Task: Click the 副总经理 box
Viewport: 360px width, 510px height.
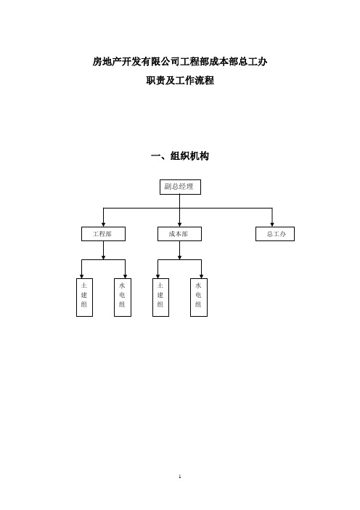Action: pos(180,187)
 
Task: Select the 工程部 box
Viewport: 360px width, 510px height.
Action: pos(103,234)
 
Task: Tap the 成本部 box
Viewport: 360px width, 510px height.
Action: pos(179,234)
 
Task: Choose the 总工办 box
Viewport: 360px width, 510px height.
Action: pos(275,234)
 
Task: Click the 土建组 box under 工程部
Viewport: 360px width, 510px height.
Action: pos(84,297)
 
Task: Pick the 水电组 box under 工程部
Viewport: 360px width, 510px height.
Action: pos(123,297)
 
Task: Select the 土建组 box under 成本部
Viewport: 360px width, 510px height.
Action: pos(160,297)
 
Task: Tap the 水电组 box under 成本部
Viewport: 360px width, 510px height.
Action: pos(199,297)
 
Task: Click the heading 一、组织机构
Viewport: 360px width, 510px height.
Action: pos(180,156)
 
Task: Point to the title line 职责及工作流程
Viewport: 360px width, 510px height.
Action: pos(180,80)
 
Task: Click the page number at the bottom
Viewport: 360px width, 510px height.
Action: pos(180,477)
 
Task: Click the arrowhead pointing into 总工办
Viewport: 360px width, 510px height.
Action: pos(272,224)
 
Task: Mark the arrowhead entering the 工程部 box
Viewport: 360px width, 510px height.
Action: pos(103,224)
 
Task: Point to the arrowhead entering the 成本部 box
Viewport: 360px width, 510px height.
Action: pos(179,224)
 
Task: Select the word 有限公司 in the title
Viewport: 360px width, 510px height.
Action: pos(160,62)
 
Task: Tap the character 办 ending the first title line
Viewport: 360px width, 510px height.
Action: pos(263,62)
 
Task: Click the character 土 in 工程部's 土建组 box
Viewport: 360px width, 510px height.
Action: pos(84,286)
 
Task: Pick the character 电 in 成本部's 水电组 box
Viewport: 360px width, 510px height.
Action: pos(198,295)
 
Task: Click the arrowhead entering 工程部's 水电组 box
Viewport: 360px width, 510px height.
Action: pos(125,277)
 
